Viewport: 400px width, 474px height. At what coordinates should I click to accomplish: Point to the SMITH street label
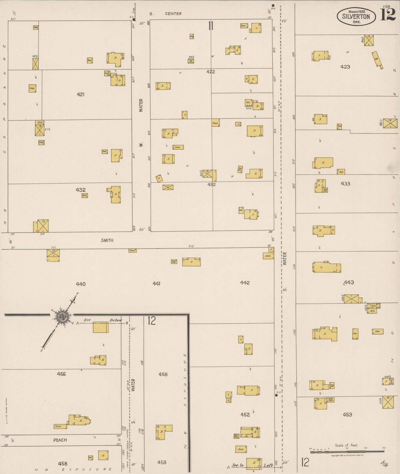pyautogui.click(x=107, y=240)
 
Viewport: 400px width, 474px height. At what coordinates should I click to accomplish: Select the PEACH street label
pyautogui.click(x=60, y=440)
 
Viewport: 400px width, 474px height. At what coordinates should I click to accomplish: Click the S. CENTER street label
pyautogui.click(x=166, y=14)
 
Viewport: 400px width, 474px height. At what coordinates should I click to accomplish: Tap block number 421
pyautogui.click(x=81, y=95)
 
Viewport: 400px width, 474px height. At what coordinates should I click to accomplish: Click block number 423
pyautogui.click(x=345, y=67)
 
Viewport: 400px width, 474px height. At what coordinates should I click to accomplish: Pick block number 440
pyautogui.click(x=81, y=284)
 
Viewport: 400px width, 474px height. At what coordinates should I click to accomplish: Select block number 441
pyautogui.click(x=156, y=283)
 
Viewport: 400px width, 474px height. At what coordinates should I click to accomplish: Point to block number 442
pyautogui.click(x=245, y=283)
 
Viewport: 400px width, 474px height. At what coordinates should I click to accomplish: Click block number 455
pyautogui.click(x=61, y=374)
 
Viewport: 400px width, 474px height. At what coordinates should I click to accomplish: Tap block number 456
pyautogui.click(x=163, y=374)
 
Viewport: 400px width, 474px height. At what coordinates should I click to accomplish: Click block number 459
pyautogui.click(x=162, y=462)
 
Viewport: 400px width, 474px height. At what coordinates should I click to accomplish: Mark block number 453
pyautogui.click(x=347, y=415)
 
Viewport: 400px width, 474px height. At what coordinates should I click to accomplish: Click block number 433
pyautogui.click(x=345, y=184)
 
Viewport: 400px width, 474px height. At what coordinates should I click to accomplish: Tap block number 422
pyautogui.click(x=211, y=72)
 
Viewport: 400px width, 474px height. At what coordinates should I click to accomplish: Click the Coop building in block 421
pyautogui.click(x=32, y=88)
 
